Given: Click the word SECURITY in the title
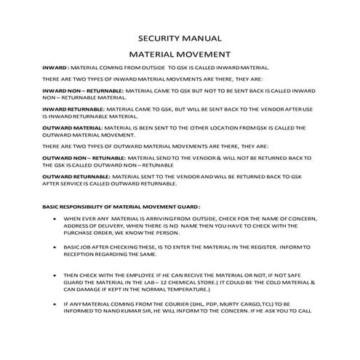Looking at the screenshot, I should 161,38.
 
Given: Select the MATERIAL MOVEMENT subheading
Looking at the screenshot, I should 180,54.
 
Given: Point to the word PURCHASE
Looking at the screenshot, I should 79,233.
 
